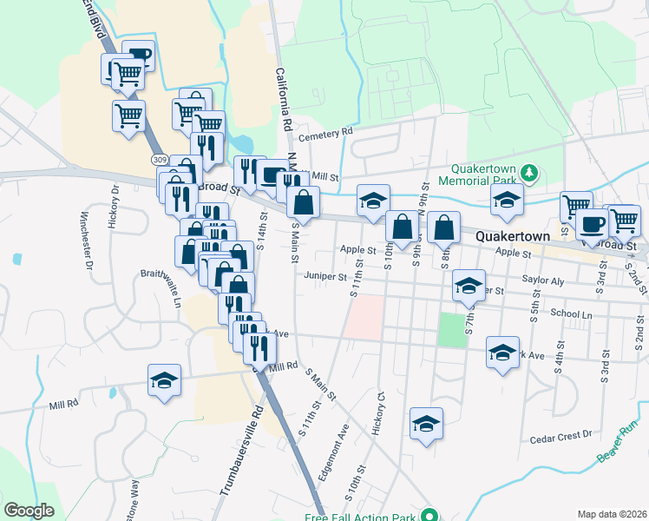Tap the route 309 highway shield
coord(158,160)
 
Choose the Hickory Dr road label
coord(114,206)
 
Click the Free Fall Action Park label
coord(361,517)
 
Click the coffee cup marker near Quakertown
coord(593,223)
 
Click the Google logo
coord(29,511)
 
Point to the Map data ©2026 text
coord(613,514)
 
